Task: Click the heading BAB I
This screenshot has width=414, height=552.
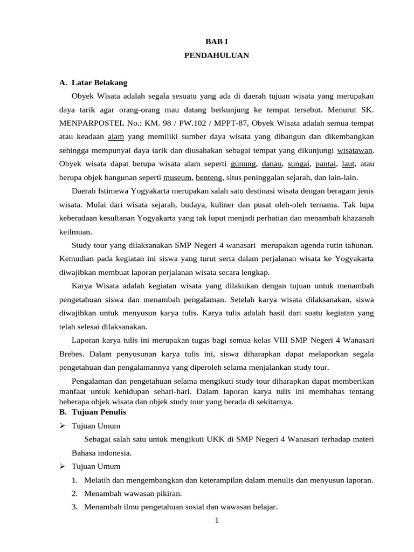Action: click(217, 42)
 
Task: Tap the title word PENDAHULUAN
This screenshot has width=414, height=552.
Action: click(217, 56)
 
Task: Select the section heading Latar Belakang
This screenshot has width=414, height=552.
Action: click(99, 83)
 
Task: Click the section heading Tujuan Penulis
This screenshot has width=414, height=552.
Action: click(99, 412)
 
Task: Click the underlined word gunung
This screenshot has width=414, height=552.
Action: click(243, 163)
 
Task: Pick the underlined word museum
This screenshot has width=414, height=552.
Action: click(177, 177)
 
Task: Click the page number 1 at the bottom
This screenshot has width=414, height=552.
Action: click(216, 520)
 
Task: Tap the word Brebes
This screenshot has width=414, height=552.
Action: click(71, 354)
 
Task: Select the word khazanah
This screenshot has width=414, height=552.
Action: click(356, 218)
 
